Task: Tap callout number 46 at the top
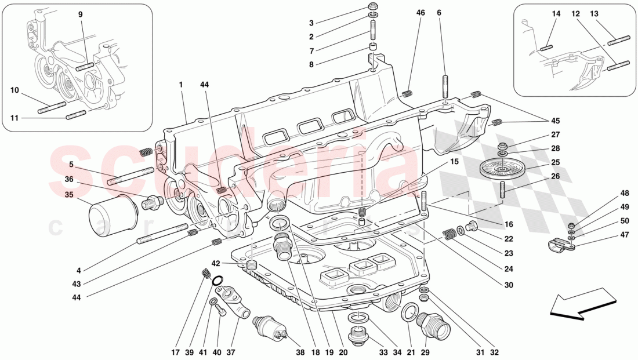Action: [x=420, y=12]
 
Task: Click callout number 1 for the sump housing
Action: [x=181, y=85]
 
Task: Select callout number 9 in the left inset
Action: [x=81, y=14]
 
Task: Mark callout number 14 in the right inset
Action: [x=556, y=13]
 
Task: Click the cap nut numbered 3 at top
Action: [x=374, y=8]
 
